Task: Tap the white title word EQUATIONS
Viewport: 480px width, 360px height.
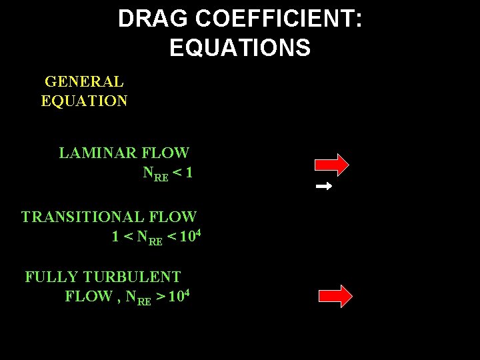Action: (240, 48)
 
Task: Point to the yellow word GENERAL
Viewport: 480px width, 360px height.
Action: (84, 82)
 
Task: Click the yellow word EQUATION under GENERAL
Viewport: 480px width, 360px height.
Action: (84, 101)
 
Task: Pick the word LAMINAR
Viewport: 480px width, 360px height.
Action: (96, 153)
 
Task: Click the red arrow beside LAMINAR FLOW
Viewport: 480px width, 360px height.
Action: (332, 164)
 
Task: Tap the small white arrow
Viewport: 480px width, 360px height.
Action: (324, 187)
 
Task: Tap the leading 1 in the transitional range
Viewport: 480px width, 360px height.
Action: (116, 237)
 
